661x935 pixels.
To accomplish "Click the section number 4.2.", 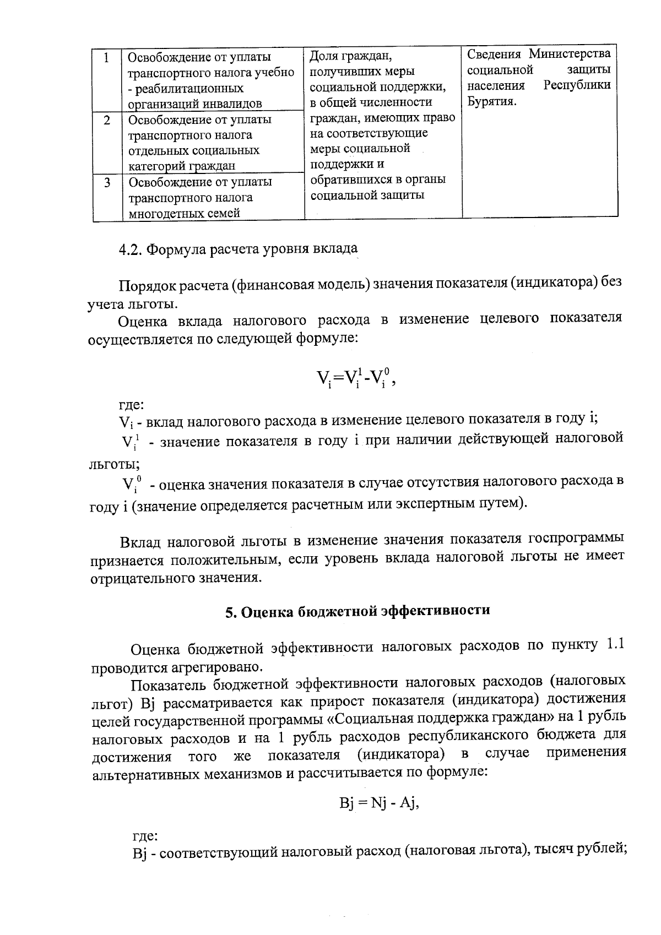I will click(x=130, y=249).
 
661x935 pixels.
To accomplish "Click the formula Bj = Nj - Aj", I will click(x=380, y=803).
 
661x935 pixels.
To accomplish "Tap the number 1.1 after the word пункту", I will click(x=614, y=644).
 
